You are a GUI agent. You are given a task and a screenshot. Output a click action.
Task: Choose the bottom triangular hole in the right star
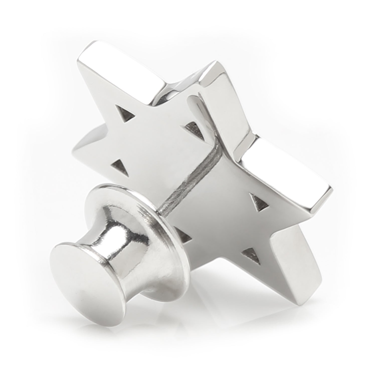(252, 257)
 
